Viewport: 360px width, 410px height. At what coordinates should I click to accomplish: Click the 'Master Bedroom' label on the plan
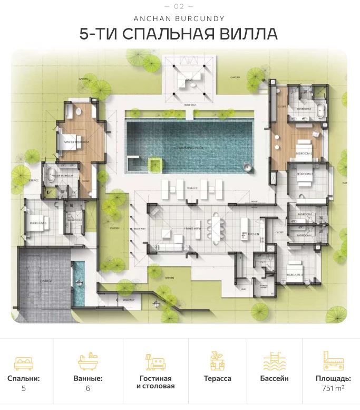tap(76, 142)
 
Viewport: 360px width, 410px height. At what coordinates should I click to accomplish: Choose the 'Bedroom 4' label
tap(293, 275)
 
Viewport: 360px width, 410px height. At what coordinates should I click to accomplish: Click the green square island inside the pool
tap(154, 165)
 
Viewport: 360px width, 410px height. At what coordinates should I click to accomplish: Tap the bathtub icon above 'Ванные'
tap(88, 363)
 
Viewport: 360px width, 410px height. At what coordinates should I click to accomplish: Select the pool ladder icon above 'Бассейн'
tap(274, 363)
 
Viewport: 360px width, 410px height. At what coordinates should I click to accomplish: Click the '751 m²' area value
tap(333, 388)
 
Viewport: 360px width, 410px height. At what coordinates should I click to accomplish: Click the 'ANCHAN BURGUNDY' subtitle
tap(179, 18)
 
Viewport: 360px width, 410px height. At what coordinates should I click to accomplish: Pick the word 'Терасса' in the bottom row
tap(217, 378)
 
